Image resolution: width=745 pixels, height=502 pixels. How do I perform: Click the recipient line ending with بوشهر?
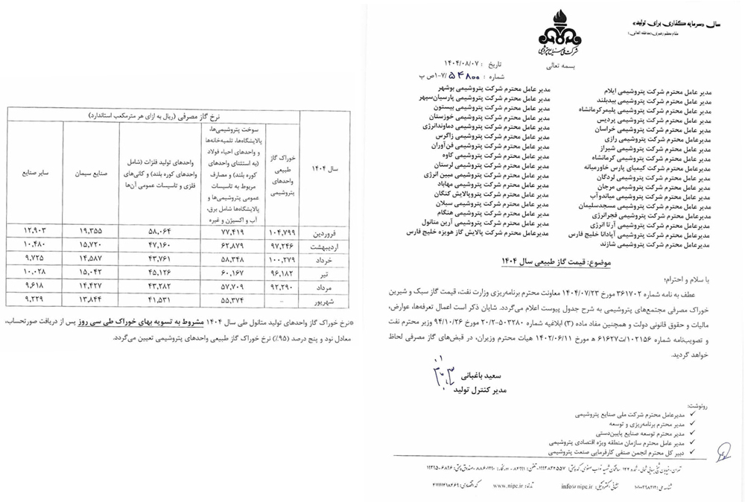point(486,88)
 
